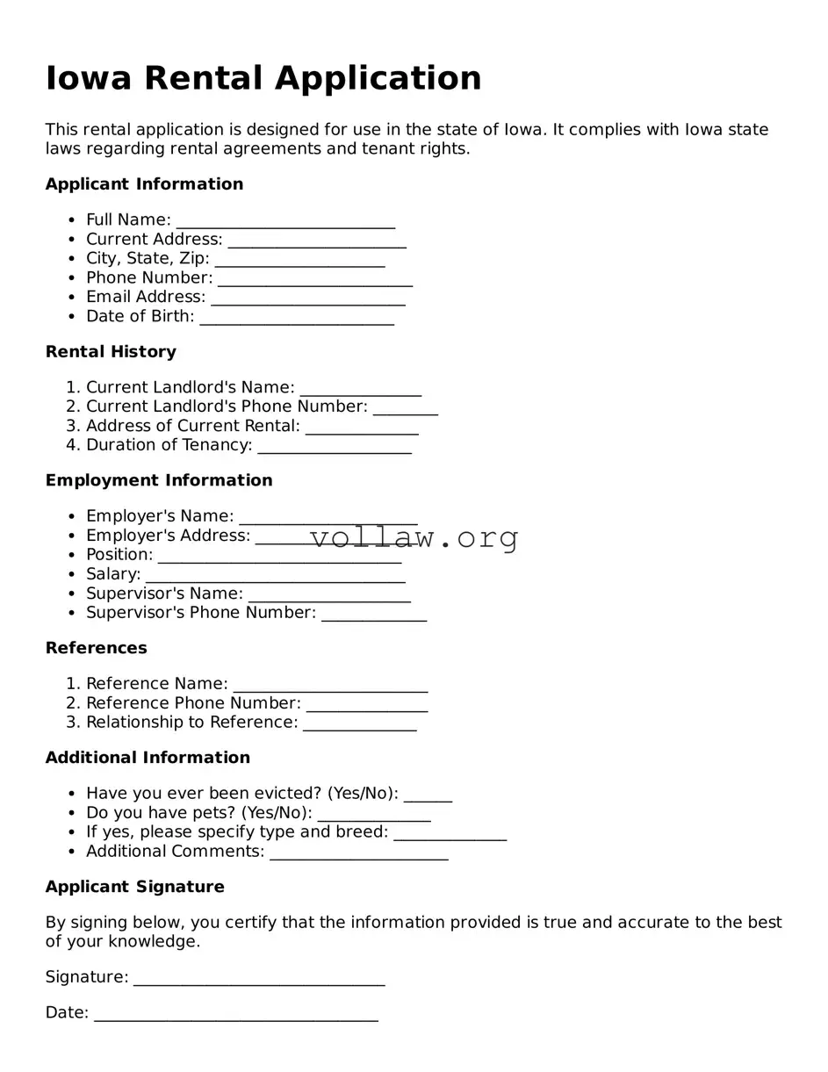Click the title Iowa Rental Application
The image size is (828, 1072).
pos(263,78)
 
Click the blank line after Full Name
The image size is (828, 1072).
pos(285,221)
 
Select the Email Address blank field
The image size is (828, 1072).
pos(308,299)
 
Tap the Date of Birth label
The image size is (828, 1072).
pos(140,316)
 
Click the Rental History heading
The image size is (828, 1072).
pos(111,351)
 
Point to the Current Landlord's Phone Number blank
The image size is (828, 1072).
pos(405,408)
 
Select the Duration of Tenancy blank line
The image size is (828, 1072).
pos(335,447)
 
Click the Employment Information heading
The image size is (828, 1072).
pos(159,480)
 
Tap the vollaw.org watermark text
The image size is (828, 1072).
pos(414,536)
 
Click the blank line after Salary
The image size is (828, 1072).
pos(275,576)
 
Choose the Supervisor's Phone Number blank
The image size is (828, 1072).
pos(374,615)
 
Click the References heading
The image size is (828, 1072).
pos(97,648)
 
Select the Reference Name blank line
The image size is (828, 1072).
pos(330,686)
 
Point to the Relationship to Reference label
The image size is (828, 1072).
pos(191,722)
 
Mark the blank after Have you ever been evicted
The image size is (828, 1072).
pos(428,795)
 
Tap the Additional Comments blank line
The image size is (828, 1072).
pos(359,853)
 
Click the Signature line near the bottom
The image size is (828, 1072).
pos(259,979)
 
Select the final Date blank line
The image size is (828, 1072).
pos(235,1015)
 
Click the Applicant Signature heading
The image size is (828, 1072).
pos(134,887)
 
